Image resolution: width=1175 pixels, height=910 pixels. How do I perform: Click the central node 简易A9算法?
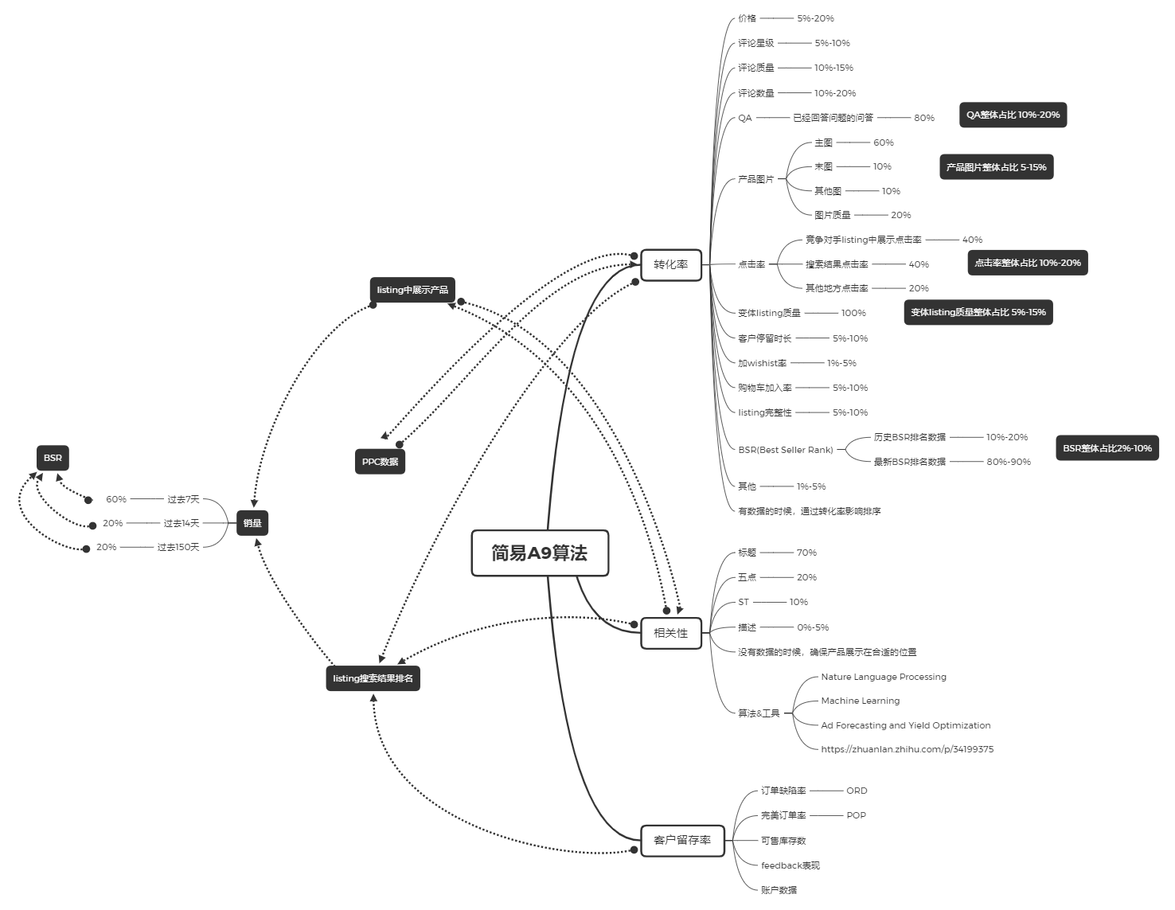click(540, 553)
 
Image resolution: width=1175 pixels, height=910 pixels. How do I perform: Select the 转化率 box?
click(670, 264)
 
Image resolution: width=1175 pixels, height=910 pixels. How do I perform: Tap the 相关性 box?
click(670, 633)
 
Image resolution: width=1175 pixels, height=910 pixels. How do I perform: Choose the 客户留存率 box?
click(682, 840)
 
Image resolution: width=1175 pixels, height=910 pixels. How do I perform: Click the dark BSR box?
click(53, 458)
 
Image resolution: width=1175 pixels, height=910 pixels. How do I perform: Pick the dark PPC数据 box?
click(380, 462)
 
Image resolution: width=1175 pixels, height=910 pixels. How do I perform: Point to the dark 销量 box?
click(252, 523)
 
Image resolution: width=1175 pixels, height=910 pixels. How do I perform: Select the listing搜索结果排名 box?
click(373, 678)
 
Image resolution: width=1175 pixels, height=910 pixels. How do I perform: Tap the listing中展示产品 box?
click(412, 290)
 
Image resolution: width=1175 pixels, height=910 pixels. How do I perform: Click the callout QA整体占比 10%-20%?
click(1013, 115)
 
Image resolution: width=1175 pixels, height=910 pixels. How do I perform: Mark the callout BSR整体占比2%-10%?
click(1107, 447)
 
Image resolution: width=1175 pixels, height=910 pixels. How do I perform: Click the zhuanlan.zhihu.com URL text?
click(907, 749)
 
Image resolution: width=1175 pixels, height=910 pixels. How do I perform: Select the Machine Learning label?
click(861, 701)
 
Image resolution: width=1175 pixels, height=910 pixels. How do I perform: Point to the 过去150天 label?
click(178, 547)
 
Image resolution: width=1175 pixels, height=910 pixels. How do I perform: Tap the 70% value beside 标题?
click(806, 553)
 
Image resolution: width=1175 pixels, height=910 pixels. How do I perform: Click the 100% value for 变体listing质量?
click(853, 313)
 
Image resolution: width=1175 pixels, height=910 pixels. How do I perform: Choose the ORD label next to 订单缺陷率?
click(857, 791)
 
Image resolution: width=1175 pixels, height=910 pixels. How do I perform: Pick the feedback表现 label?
click(790, 865)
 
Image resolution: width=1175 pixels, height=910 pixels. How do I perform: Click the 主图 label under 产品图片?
click(823, 143)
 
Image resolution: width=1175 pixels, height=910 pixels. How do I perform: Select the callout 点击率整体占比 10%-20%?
click(1028, 263)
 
